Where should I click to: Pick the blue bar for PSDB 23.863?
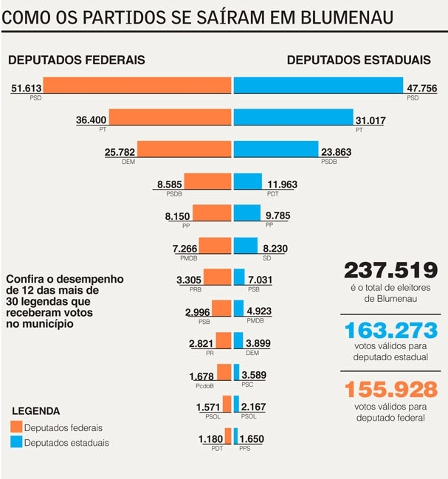pos(275,148)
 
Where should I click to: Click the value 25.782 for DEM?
pos(120,152)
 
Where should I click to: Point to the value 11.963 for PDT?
pos(283,184)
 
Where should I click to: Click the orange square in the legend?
pos(16,427)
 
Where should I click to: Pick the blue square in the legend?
pos(16,441)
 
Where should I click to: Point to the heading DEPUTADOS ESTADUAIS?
pos(359,60)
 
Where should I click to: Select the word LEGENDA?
pos(37,411)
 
